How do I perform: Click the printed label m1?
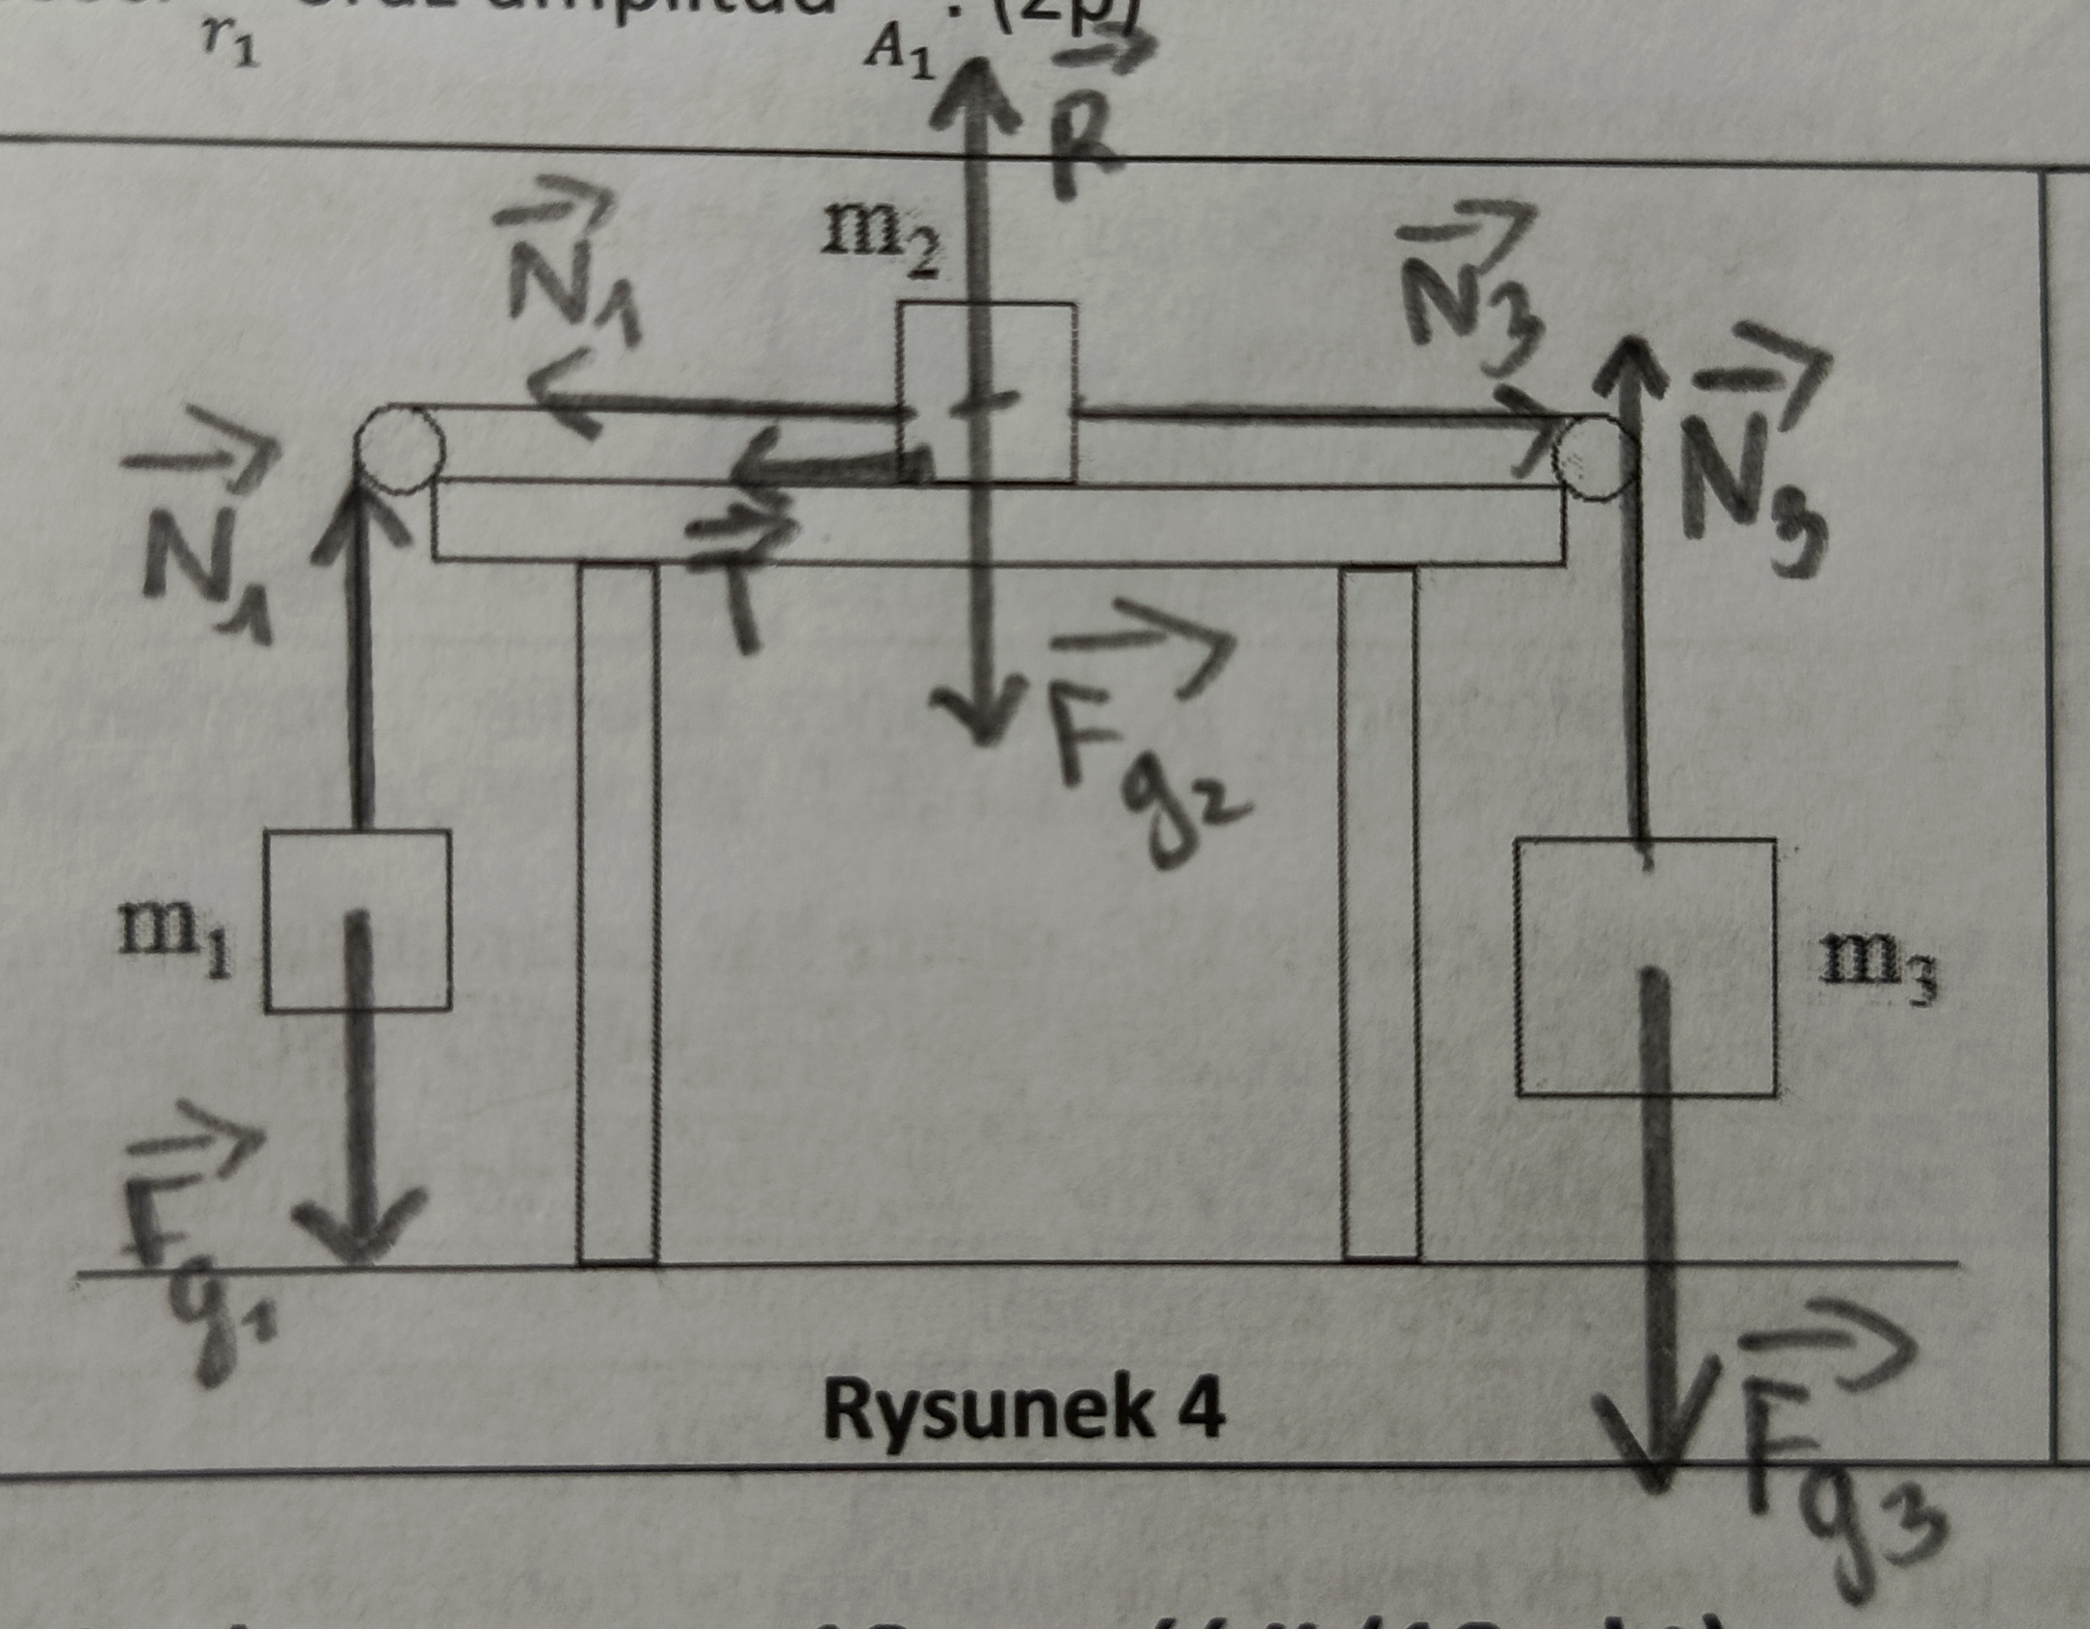click(x=174, y=945)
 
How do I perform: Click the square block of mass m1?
click(x=357, y=921)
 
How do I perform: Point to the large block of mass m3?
click(x=1646, y=967)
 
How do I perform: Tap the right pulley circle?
click(x=1595, y=458)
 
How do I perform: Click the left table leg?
click(x=618, y=910)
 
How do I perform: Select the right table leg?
click(x=1381, y=910)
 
